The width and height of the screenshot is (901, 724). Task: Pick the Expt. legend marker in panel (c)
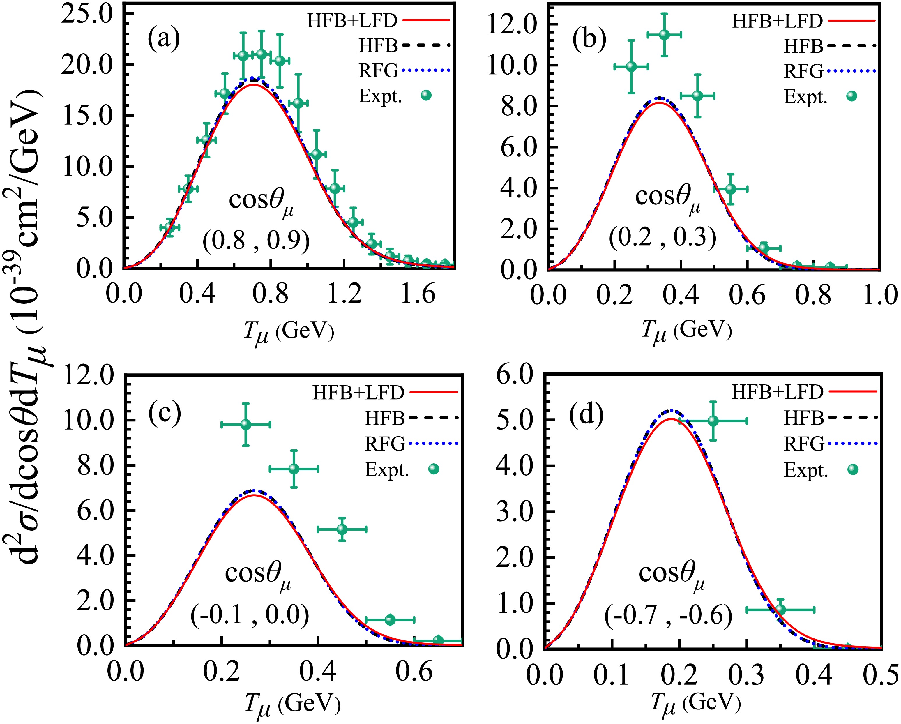(434, 469)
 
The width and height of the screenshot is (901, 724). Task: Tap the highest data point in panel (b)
(664, 35)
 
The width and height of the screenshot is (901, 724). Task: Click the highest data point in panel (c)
(246, 425)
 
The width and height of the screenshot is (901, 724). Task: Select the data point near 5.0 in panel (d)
(713, 421)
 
